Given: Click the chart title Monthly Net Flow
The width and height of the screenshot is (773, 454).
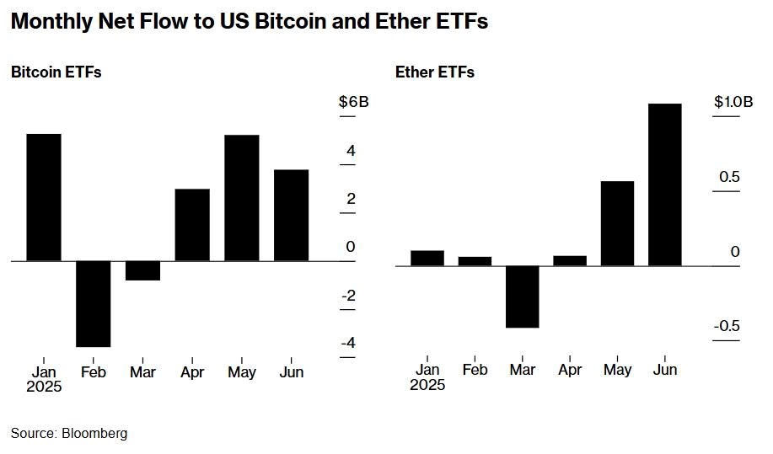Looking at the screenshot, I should pyautogui.click(x=249, y=23).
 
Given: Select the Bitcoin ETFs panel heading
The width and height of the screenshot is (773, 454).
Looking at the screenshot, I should pyautogui.click(x=56, y=72).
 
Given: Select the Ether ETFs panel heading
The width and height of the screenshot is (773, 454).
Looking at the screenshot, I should pyautogui.click(x=435, y=72).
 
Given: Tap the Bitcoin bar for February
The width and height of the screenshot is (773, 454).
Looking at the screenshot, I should pyautogui.click(x=93, y=303).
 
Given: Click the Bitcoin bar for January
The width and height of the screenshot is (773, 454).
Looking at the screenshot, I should pyautogui.click(x=44, y=197).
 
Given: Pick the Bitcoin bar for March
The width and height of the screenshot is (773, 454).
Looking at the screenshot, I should pyautogui.click(x=142, y=270).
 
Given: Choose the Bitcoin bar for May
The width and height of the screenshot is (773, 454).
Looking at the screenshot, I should pyautogui.click(x=241, y=198).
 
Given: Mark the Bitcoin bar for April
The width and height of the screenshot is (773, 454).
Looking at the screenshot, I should pyautogui.click(x=192, y=225).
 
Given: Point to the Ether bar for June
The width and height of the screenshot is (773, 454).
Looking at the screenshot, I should pyautogui.click(x=664, y=184).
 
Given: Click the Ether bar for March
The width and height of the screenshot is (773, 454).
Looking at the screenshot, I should pyautogui.click(x=523, y=296).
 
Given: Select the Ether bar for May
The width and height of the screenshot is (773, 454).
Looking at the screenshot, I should pyautogui.click(x=617, y=223).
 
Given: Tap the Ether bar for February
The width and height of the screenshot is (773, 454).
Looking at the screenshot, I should pyautogui.click(x=475, y=261).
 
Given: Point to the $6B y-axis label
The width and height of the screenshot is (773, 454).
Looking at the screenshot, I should pyautogui.click(x=354, y=103).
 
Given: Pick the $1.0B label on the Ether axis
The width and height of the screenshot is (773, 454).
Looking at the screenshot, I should pyautogui.click(x=733, y=102).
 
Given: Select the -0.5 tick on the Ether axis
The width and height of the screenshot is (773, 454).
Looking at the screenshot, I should pyautogui.click(x=726, y=326).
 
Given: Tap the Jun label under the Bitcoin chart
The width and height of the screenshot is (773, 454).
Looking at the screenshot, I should pyautogui.click(x=291, y=371).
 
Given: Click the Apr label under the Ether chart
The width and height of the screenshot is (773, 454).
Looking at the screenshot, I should pyautogui.click(x=570, y=369).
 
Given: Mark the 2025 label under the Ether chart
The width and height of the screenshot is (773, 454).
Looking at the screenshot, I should pyautogui.click(x=427, y=386).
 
